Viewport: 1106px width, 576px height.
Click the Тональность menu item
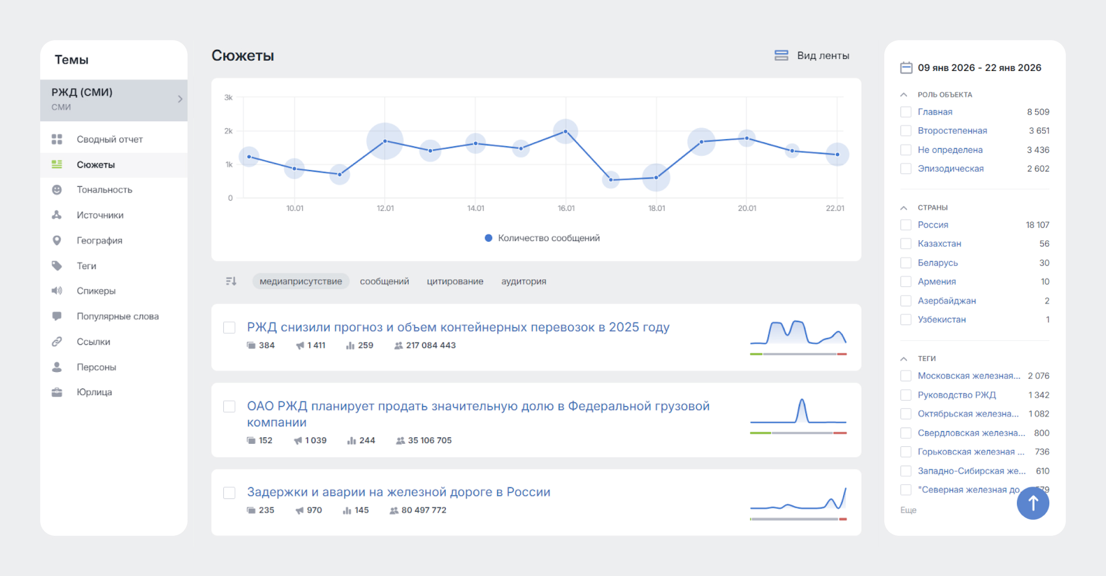click(104, 189)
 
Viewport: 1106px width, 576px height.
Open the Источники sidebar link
click(100, 215)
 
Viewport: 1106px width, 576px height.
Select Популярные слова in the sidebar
click(117, 316)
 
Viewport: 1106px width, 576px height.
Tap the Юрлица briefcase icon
click(57, 392)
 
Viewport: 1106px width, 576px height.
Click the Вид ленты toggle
click(812, 56)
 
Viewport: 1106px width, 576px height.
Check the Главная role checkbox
click(906, 112)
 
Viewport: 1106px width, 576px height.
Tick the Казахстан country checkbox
click(906, 244)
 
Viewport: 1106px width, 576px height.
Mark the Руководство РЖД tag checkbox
click(906, 395)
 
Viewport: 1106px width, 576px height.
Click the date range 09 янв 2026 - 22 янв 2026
click(979, 68)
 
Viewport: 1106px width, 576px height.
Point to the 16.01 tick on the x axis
click(566, 208)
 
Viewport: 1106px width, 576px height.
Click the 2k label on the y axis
click(229, 131)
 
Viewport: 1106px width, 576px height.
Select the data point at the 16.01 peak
click(566, 132)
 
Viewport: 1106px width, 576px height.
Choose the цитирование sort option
click(455, 281)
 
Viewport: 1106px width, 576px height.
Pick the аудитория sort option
click(523, 281)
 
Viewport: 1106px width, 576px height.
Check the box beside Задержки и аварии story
click(229, 493)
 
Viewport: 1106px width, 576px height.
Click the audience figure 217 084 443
click(430, 345)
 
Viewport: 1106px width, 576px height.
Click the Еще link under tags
click(908, 510)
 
